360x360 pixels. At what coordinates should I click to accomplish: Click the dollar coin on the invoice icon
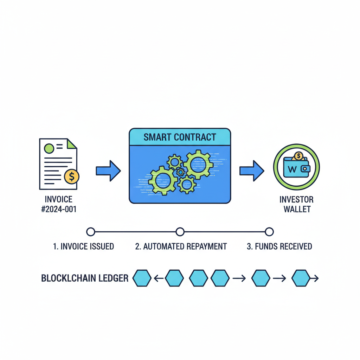pyautogui.click(x=72, y=176)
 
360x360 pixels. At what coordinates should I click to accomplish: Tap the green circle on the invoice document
pyautogui.click(x=49, y=148)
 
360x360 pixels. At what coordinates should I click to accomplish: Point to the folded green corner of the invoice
pyautogui.click(x=72, y=143)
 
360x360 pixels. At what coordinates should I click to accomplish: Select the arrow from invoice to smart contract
pyautogui.click(x=108, y=171)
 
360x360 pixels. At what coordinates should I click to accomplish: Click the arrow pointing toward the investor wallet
pyautogui.click(x=252, y=171)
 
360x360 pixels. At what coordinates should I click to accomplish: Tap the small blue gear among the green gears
pyautogui.click(x=180, y=172)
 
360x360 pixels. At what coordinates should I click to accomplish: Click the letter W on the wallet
pyautogui.click(x=292, y=169)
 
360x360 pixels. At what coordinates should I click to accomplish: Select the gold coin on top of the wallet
pyautogui.click(x=298, y=155)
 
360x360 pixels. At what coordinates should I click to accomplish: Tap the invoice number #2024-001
pyautogui.click(x=59, y=210)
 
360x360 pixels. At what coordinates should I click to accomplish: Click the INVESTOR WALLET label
pyautogui.click(x=296, y=204)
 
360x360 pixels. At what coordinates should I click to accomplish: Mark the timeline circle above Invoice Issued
pyautogui.click(x=91, y=232)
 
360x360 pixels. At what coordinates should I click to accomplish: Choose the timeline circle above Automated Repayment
pyautogui.click(x=180, y=232)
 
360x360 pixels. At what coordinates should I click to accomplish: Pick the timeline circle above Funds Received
pyautogui.click(x=269, y=232)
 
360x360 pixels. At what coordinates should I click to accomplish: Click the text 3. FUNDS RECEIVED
pyautogui.click(x=279, y=246)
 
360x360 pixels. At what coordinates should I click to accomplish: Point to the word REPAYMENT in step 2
pyautogui.click(x=206, y=246)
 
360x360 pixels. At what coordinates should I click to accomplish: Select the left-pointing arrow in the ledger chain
pyautogui.click(x=158, y=279)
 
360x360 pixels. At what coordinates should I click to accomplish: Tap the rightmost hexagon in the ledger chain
pyautogui.click(x=301, y=278)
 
